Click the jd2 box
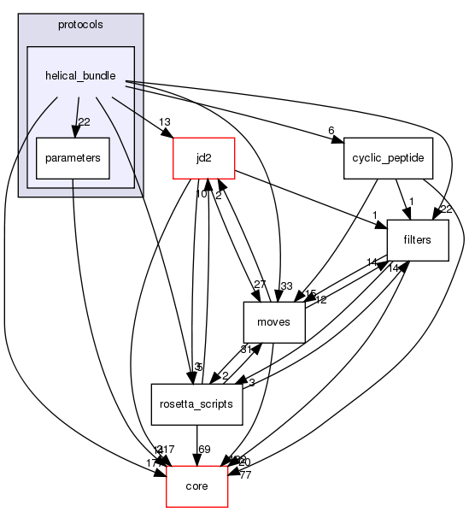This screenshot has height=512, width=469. click(x=203, y=157)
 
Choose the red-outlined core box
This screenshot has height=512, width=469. click(x=196, y=485)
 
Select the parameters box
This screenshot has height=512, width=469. click(x=73, y=157)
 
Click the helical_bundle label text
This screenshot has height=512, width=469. click(x=80, y=75)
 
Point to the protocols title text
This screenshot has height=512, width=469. click(x=80, y=24)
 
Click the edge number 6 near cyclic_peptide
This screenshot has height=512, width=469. click(x=331, y=131)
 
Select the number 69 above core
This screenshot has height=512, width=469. click(x=204, y=449)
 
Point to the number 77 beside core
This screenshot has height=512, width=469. click(x=244, y=474)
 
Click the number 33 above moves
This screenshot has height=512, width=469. click(x=286, y=286)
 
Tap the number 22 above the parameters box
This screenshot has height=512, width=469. click(x=84, y=121)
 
